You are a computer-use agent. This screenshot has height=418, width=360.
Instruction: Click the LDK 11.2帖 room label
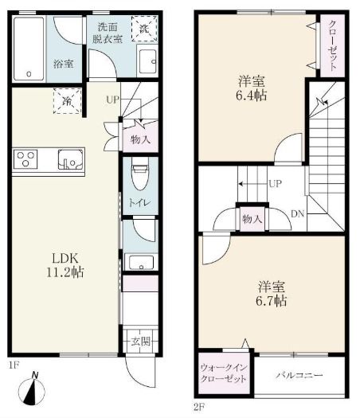click(x=65, y=265)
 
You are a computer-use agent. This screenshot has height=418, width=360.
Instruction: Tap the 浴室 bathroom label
click(x=64, y=64)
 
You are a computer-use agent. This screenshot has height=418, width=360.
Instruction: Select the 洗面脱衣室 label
click(x=108, y=33)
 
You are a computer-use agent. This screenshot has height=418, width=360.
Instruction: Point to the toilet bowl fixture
click(x=140, y=174)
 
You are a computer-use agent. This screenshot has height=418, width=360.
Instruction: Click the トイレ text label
click(x=140, y=202)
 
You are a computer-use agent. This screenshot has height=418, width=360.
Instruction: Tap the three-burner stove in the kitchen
click(x=25, y=159)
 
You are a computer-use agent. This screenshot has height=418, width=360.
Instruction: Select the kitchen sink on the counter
click(x=70, y=159)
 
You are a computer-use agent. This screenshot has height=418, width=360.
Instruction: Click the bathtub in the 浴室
click(x=29, y=49)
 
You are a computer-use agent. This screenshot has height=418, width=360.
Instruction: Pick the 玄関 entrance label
click(x=140, y=342)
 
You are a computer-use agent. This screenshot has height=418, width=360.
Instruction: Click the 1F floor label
click(x=14, y=365)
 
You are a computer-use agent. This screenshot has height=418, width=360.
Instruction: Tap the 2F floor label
click(x=199, y=407)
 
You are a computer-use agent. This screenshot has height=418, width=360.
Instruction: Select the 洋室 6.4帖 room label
click(x=251, y=88)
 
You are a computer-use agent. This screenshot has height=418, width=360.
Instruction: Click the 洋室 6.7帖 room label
click(x=272, y=294)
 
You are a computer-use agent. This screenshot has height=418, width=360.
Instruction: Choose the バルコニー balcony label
click(x=299, y=375)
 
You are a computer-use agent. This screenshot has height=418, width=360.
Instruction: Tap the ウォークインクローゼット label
click(x=224, y=373)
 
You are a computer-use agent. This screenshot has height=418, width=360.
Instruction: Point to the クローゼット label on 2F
click(x=333, y=45)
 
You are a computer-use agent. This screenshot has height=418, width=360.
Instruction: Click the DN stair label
click(x=298, y=213)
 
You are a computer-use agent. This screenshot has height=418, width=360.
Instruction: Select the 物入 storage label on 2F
click(x=252, y=219)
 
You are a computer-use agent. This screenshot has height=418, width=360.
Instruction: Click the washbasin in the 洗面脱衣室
click(x=147, y=61)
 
